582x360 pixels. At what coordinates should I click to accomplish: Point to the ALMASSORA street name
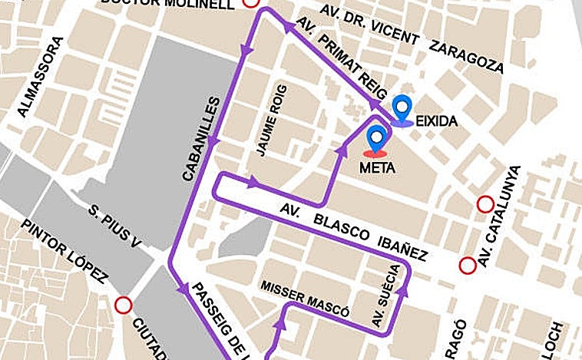tap(39, 84)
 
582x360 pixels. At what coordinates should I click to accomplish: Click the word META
tap(377, 167)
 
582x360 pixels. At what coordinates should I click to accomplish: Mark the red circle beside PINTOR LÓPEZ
tap(122, 306)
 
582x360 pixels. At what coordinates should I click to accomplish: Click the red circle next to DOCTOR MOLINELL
tap(250, 2)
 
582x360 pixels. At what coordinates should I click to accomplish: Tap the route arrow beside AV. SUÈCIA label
tap(400, 289)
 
